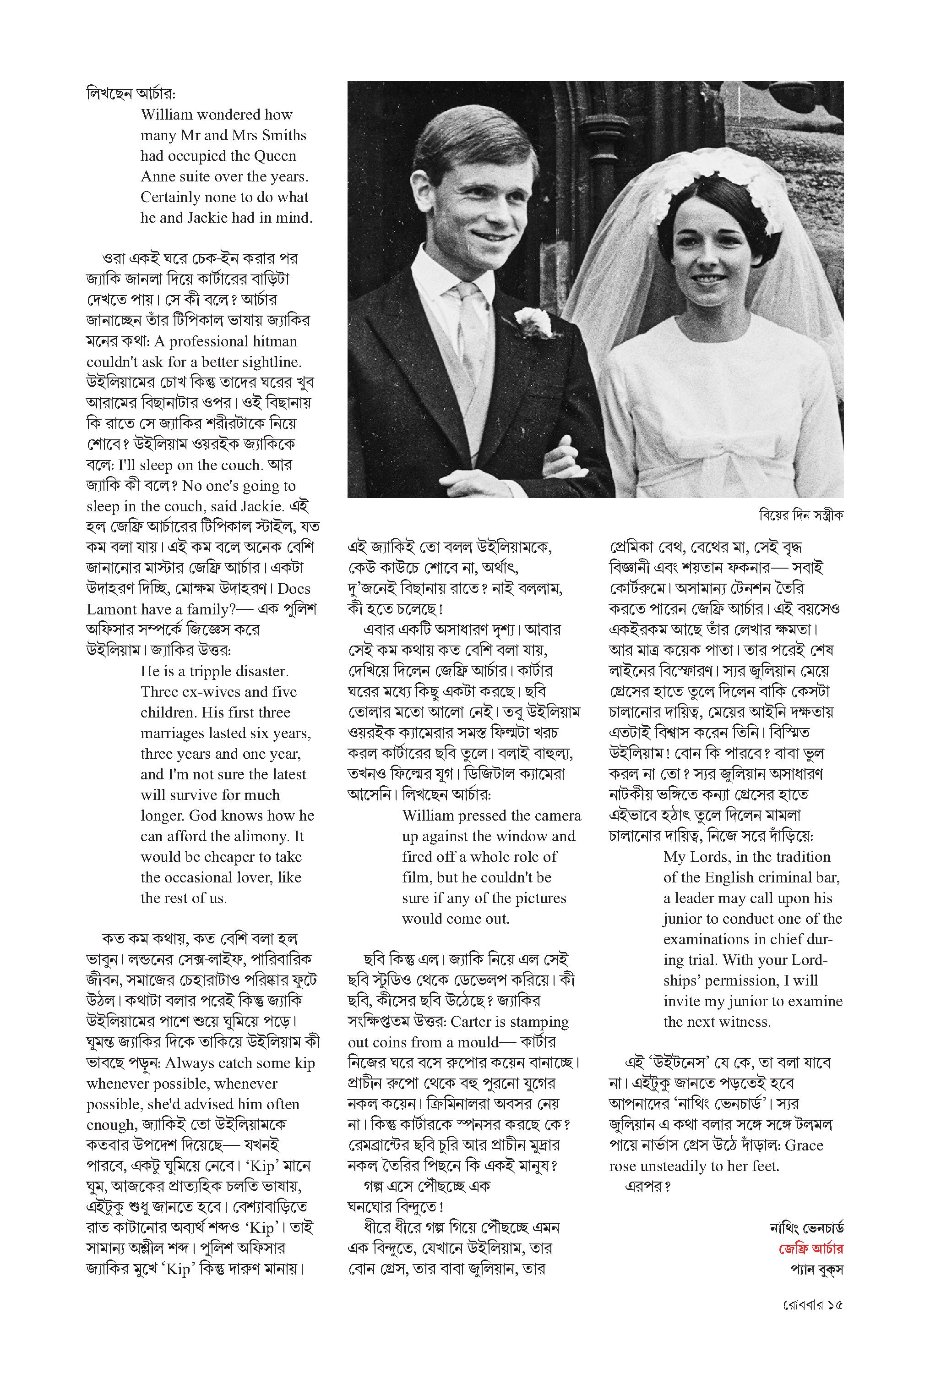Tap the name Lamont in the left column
(x=110, y=609)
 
